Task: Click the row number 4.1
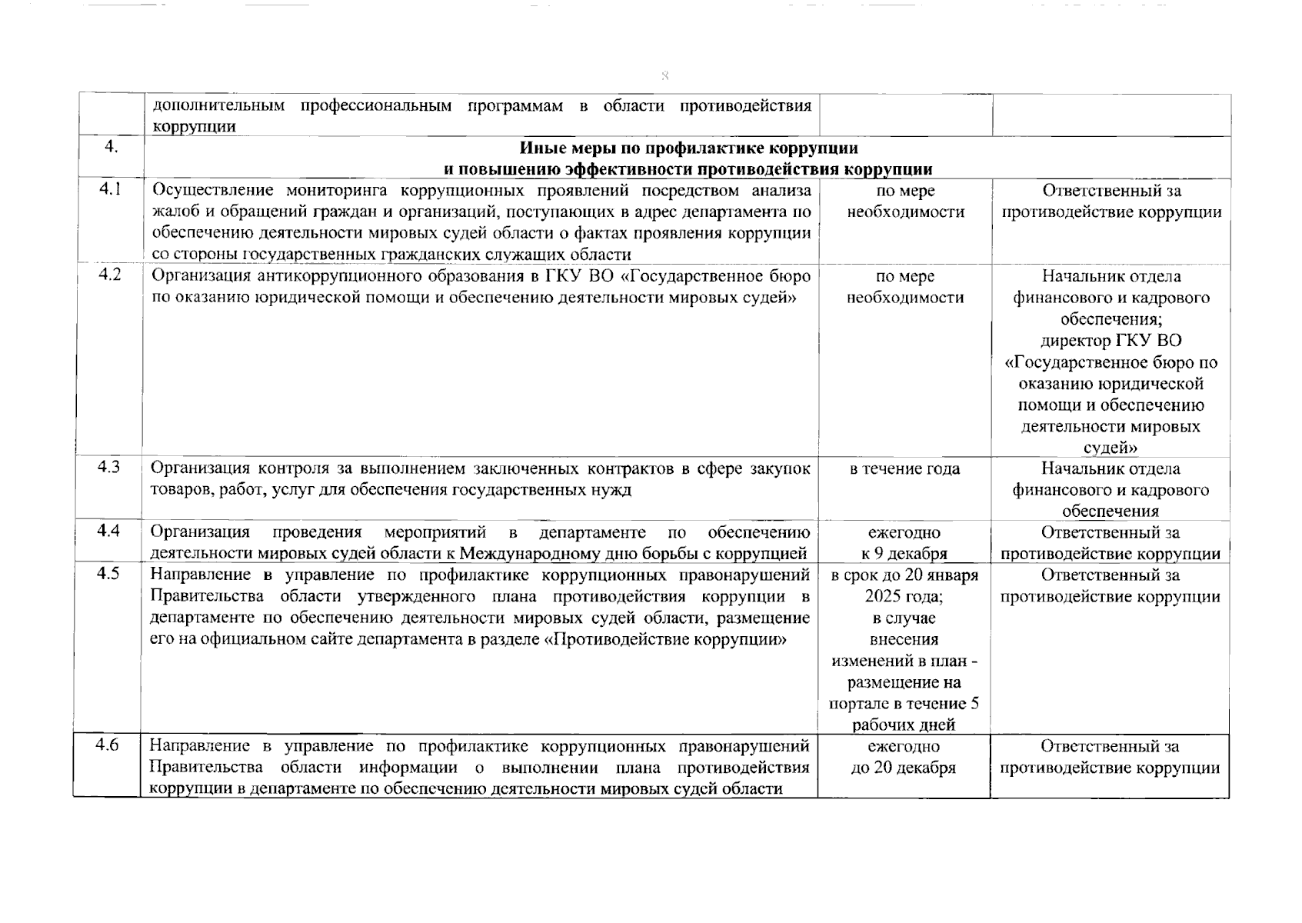[110, 189]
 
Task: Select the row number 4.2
[110, 275]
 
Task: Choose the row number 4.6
[108, 745]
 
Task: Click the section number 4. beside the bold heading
[111, 147]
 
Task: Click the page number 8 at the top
[665, 76]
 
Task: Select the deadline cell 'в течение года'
[904, 468]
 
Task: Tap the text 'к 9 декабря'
[904, 554]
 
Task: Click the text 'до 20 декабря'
[904, 768]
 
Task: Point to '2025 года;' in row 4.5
[904, 596]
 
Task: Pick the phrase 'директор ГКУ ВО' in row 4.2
[1111, 341]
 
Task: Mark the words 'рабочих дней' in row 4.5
[904, 725]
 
